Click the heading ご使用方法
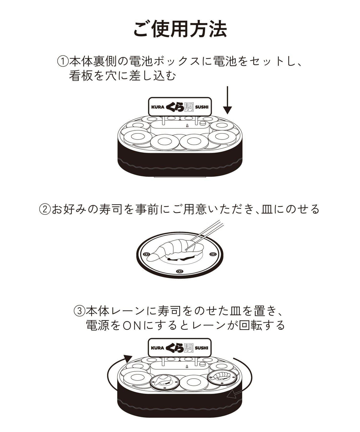[x=180, y=29]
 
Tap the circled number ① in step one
[x=63, y=62]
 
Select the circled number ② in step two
[x=45, y=209]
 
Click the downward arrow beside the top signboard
[x=227, y=100]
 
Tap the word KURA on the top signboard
[x=158, y=107]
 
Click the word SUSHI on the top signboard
[x=202, y=107]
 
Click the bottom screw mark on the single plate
[x=179, y=271]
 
